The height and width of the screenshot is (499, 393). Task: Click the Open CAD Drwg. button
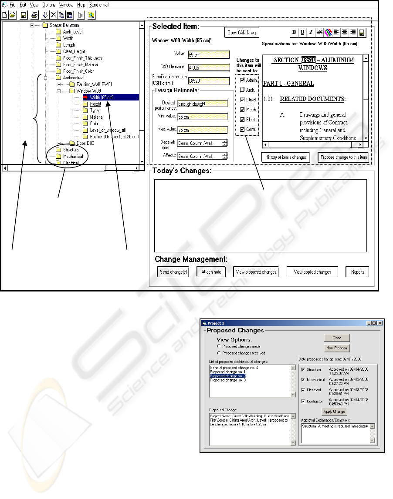tap(242, 33)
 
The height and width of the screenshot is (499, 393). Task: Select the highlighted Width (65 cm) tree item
tap(102, 97)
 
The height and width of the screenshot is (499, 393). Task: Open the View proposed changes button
tap(256, 272)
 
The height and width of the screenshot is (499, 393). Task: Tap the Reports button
tap(357, 272)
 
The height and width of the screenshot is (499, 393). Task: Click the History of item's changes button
tap(286, 157)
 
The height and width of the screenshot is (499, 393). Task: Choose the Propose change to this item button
tap(344, 157)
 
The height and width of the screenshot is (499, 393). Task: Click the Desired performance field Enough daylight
tap(203, 104)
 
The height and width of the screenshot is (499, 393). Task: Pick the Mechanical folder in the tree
tap(73, 156)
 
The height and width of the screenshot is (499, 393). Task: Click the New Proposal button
tap(337, 348)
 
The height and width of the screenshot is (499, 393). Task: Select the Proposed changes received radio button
tap(219, 353)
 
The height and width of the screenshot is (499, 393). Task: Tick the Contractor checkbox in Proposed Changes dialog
tap(304, 402)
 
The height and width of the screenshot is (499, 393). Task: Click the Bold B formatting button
tap(294, 32)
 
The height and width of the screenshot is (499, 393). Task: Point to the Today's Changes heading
tap(182, 171)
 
